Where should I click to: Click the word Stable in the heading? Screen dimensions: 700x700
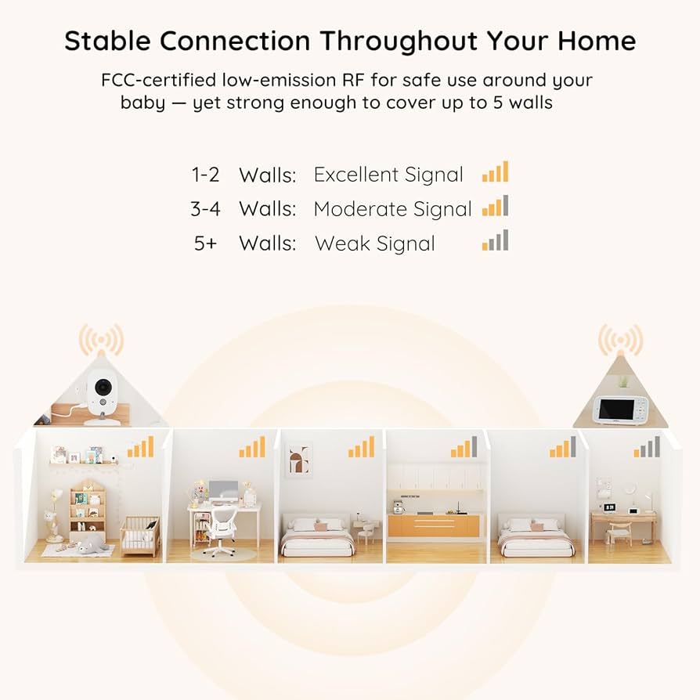107,41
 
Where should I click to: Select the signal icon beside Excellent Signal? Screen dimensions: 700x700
495,171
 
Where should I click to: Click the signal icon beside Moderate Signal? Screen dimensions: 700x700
495,206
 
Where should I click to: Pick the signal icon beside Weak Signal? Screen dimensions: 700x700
495,240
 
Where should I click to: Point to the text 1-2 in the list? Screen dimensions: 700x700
205,175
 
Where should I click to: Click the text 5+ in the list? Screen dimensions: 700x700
205,244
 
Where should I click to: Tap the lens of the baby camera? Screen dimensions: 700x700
103,386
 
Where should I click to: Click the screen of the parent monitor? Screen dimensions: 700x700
616,410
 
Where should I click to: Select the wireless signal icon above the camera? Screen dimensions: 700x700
101,340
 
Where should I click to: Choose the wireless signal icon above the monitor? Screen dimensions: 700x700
621,340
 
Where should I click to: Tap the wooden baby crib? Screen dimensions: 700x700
140,536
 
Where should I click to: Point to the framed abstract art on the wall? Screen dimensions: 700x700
298,460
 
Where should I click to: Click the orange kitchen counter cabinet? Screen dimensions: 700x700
433,525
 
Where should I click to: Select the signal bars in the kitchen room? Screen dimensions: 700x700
464,447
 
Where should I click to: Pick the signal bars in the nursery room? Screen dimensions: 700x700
141,447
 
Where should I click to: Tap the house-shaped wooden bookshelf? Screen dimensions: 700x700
88,511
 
